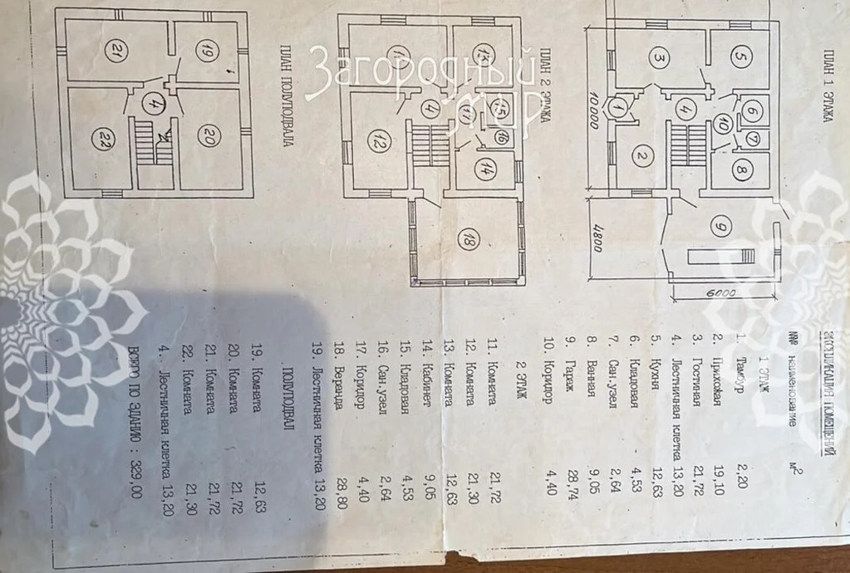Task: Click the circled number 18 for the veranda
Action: pos(469,242)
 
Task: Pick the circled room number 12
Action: pos(373,143)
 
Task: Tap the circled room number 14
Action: pos(482,167)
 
